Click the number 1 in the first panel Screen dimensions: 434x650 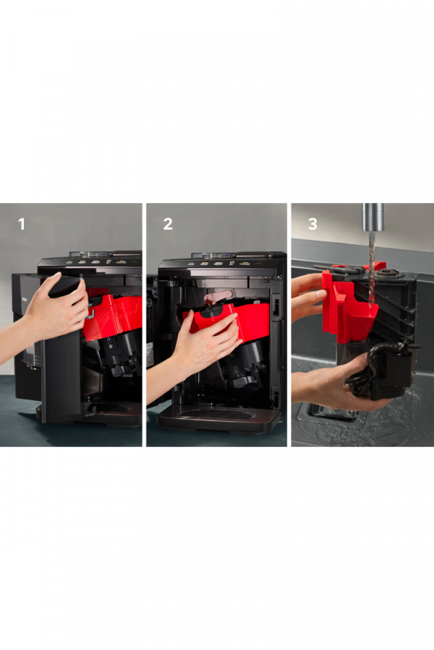coord(22,225)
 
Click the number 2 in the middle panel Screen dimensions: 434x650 coord(168,225)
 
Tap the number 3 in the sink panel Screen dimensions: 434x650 coord(312,225)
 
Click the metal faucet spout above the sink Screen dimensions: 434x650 coord(373,217)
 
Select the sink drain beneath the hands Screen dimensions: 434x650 coord(332,415)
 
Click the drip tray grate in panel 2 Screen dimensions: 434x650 coord(217,415)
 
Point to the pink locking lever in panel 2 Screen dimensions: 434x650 coord(217,297)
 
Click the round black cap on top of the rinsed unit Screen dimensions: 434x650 coord(388,274)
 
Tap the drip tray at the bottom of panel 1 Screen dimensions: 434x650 coord(108,410)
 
